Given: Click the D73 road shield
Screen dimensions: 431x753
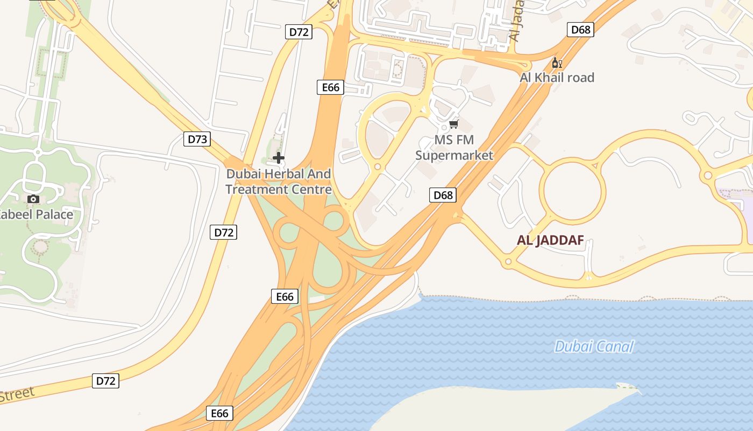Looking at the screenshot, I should point(197,140).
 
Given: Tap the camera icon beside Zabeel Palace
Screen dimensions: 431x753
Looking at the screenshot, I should point(33,199).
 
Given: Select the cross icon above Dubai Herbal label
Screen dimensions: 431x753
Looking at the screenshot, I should point(279,158).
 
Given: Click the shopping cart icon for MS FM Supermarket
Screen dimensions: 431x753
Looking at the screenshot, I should point(453,124).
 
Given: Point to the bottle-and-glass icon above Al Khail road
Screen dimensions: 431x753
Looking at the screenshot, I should point(557,63).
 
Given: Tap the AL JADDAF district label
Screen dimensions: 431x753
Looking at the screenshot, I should point(550,241).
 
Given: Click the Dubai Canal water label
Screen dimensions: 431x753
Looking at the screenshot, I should point(594,346).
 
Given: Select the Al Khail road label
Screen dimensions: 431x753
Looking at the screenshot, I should point(557,78).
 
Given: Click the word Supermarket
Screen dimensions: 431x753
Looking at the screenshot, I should point(454,156).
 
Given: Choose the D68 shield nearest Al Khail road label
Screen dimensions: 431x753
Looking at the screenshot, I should point(580,30).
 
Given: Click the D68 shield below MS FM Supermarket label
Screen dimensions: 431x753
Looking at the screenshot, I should point(443,195).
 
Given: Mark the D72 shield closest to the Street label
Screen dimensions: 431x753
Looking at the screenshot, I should point(105,381).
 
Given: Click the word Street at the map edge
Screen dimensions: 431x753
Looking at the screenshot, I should point(16,394).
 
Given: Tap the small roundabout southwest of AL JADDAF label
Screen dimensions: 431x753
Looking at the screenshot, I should point(508,262).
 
